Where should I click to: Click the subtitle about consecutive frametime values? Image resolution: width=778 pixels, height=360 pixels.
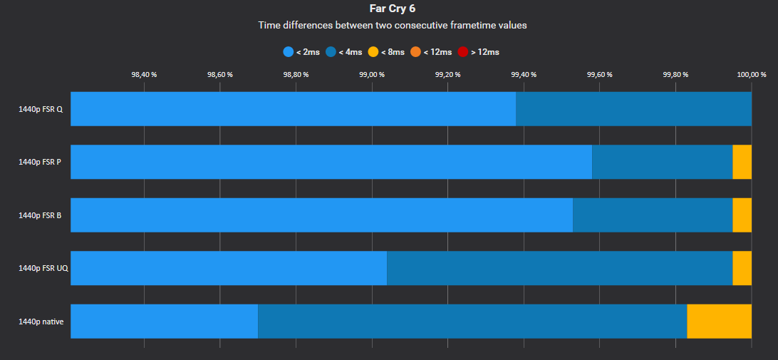pyautogui.click(x=392, y=25)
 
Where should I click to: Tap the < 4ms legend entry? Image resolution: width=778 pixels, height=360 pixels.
pyautogui.click(x=344, y=52)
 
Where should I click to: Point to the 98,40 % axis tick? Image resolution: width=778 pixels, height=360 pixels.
pyautogui.click(x=144, y=74)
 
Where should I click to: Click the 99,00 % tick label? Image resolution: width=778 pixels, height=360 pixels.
pyautogui.click(x=372, y=74)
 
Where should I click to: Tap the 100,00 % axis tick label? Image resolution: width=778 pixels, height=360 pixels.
pyautogui.click(x=751, y=74)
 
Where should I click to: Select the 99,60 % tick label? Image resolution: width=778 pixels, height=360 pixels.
pyautogui.click(x=599, y=74)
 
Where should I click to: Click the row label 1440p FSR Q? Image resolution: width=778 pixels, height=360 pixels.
pyautogui.click(x=40, y=109)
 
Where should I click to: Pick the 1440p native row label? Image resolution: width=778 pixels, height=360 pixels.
pyautogui.click(x=41, y=322)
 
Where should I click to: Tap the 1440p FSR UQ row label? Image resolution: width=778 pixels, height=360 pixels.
pyautogui.click(x=43, y=268)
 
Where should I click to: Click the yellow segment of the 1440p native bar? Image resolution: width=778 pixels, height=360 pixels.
pyautogui.click(x=719, y=322)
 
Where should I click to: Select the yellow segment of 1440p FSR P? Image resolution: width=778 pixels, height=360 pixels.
pyautogui.click(x=742, y=162)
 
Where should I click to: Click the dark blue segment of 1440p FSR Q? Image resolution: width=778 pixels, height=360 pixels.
pyautogui.click(x=633, y=109)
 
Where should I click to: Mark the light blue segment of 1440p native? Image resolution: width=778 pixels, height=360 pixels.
pyautogui.click(x=164, y=322)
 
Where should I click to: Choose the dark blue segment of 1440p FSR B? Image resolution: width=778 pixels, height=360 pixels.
pyautogui.click(x=653, y=215)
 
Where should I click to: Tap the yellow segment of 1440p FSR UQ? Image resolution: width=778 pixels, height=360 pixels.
pyautogui.click(x=742, y=268)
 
